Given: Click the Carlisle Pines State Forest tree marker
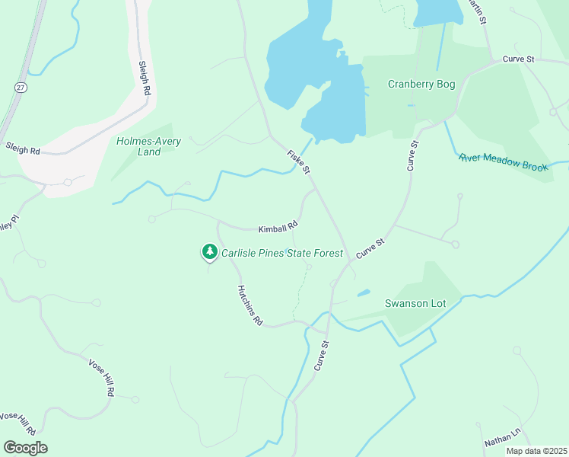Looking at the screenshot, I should click(x=209, y=252).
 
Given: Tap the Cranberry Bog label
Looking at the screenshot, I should click(x=421, y=85).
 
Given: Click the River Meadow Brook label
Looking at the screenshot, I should click(x=504, y=162).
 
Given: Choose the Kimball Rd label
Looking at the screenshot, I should click(x=278, y=227).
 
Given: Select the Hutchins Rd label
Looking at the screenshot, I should click(x=250, y=306).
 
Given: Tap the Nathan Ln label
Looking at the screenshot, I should click(x=502, y=436).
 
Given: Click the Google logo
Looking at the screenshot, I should click(x=25, y=448).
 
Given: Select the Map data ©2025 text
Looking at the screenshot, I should click(x=536, y=451).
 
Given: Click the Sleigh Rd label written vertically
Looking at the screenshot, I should click(x=144, y=79).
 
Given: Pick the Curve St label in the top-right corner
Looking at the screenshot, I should click(x=519, y=59).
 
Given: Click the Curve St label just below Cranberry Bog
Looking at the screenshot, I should click(x=413, y=155).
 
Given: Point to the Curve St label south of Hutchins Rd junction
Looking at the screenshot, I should click(x=323, y=356).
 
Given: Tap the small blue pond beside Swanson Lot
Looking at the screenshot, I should click(x=364, y=292).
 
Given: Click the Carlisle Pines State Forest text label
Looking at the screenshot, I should click(x=282, y=253).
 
